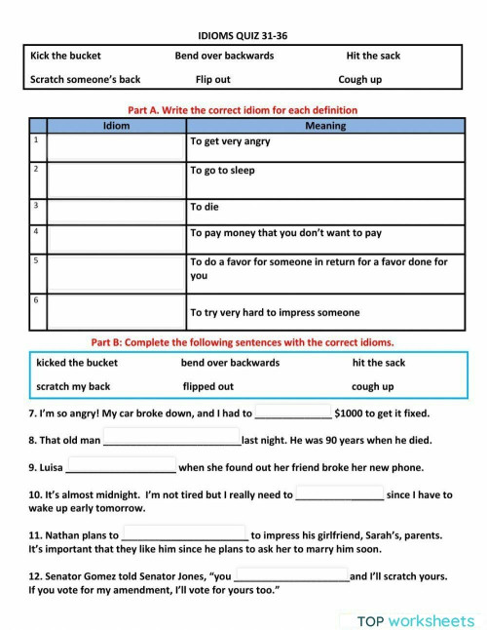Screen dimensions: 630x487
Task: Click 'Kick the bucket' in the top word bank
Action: point(65,56)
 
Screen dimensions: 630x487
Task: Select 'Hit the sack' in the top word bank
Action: point(373,56)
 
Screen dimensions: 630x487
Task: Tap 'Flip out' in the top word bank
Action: point(212,79)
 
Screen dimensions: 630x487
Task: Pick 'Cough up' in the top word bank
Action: point(359,79)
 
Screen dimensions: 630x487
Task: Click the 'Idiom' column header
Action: point(116,126)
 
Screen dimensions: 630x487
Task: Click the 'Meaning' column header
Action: point(324,126)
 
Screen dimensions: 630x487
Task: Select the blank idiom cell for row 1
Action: point(116,146)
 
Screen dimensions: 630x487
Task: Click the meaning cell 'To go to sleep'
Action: point(222,170)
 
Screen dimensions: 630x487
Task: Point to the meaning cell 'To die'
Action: point(205,207)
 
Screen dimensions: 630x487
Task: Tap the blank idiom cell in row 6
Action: point(116,311)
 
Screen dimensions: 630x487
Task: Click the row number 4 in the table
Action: point(36,232)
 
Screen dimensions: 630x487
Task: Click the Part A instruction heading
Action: point(243,110)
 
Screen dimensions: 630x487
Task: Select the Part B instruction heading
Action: point(243,342)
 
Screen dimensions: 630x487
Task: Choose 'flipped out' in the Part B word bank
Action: point(208,386)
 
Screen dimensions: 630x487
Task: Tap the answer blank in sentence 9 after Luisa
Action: point(121,467)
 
